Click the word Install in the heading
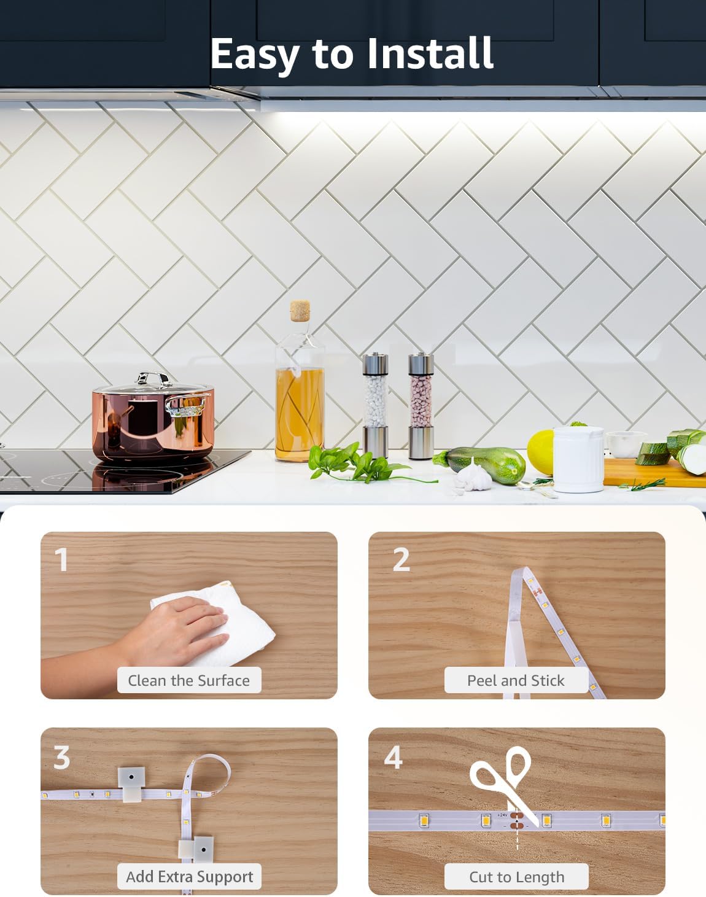[x=430, y=53]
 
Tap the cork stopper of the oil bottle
[x=300, y=311]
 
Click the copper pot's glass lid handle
[x=154, y=379]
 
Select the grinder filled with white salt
[x=375, y=405]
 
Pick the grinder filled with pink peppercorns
[x=421, y=405]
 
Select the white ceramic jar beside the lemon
[x=578, y=459]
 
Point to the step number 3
[x=61, y=757]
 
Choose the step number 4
[x=393, y=757]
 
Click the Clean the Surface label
[x=189, y=680]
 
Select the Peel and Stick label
[x=516, y=680]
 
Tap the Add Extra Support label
[x=189, y=877]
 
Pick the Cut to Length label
[x=516, y=877]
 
